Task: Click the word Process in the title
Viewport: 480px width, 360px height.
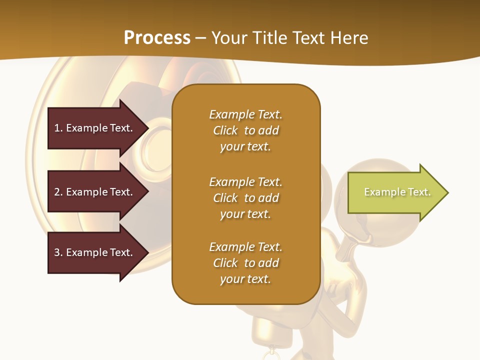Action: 157,38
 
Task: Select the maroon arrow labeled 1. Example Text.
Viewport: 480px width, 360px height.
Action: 93,128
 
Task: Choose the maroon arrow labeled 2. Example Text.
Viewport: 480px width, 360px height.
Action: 93,192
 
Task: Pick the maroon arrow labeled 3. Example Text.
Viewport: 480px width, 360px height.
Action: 93,252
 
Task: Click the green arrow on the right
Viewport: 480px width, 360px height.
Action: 395,192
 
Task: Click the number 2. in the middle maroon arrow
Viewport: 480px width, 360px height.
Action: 58,192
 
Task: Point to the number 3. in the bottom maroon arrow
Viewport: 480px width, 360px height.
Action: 58,252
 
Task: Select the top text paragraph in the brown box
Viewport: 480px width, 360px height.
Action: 245,130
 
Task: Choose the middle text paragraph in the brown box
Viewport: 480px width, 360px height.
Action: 245,198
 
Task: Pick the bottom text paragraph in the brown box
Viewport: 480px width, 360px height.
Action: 245,263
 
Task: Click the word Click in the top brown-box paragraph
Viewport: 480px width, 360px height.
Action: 225,130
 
